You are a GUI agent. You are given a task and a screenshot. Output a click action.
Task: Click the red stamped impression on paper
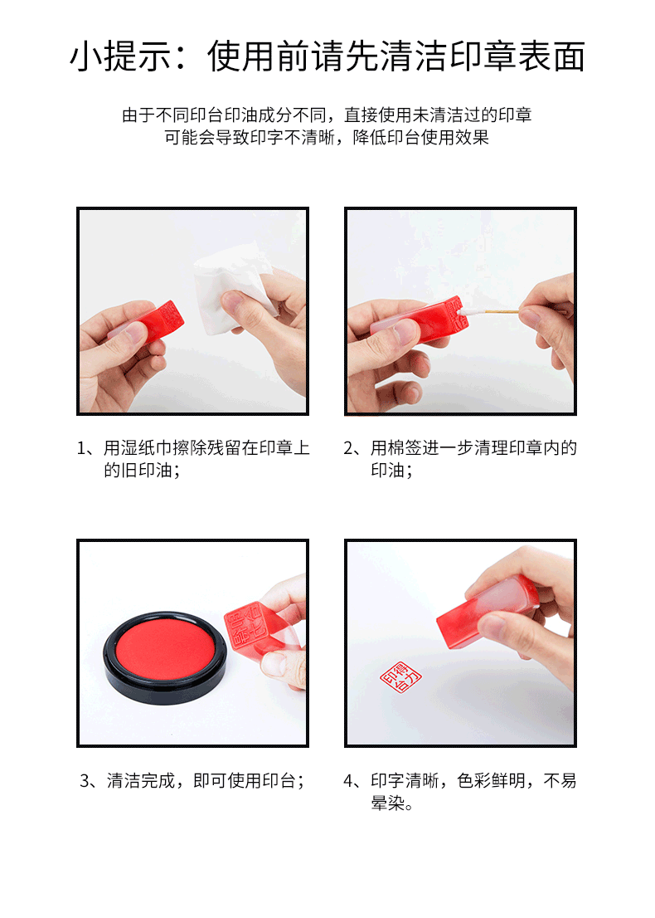tap(400, 679)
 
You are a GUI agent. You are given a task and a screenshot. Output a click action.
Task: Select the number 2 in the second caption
tap(349, 449)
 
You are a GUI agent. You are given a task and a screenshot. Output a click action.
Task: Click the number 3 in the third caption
tap(85, 781)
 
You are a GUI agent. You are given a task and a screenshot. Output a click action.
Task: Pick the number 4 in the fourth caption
tap(349, 781)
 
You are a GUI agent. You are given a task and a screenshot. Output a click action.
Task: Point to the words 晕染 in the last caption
tap(386, 804)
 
